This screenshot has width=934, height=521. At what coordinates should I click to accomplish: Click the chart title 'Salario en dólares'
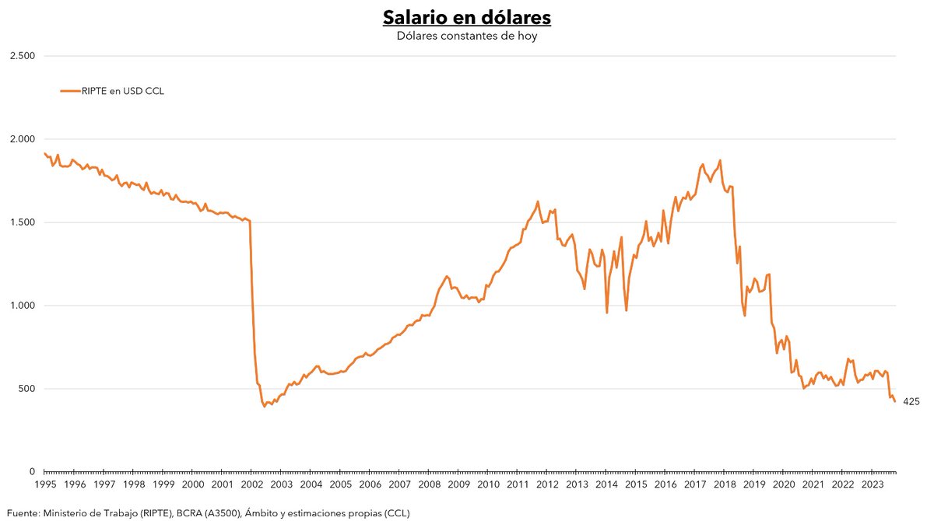466,17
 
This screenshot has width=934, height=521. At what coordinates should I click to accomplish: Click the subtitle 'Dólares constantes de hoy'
466,36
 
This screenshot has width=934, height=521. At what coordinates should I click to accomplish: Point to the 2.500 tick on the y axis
21,56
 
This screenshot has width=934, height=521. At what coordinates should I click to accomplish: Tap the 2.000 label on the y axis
21,139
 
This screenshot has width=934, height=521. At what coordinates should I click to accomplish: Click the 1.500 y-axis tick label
21,222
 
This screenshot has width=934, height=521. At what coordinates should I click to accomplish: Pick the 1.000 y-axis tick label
21,306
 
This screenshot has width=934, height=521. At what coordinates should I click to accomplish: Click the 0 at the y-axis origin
32,472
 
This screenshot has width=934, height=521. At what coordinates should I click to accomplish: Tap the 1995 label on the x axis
44,484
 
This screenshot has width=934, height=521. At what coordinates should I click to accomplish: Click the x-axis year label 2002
251,484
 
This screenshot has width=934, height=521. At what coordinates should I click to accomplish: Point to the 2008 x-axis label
429,484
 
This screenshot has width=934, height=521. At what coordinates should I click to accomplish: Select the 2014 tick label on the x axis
606,484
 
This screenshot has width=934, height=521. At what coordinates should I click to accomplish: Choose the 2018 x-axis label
724,484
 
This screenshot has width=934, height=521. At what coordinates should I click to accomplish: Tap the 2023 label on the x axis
872,484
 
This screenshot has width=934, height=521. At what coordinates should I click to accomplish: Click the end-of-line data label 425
911,401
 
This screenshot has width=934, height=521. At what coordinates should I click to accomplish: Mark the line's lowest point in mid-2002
265,406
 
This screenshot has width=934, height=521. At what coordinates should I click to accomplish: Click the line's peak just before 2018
720,160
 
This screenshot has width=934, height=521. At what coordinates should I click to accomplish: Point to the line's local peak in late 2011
538,201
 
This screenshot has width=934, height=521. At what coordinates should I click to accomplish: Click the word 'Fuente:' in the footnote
23,512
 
